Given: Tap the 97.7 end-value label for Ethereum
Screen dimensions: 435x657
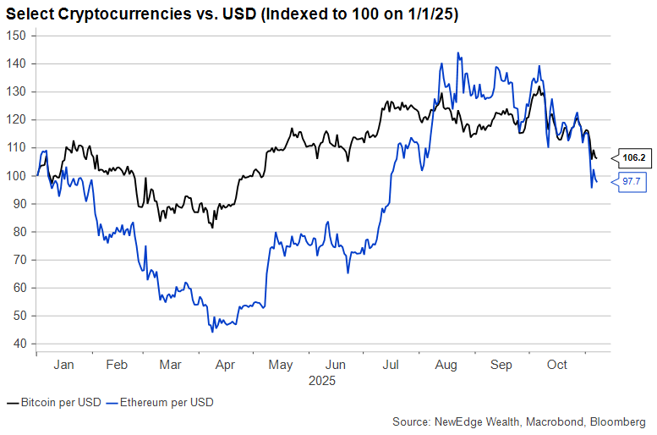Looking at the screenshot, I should [x=632, y=181].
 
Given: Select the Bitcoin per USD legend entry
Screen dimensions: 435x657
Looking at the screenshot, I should [x=55, y=403].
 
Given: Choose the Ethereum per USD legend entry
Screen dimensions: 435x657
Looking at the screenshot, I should [x=167, y=403].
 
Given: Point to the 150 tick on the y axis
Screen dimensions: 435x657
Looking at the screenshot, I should [x=19, y=36].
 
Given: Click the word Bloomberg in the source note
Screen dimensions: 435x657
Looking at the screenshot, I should [x=616, y=421].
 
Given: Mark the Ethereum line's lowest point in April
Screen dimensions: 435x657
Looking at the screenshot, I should [x=212, y=331].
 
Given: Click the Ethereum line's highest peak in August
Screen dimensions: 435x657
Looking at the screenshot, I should [x=458, y=52].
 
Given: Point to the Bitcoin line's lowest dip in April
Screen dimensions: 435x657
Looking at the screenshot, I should [x=212, y=228].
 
